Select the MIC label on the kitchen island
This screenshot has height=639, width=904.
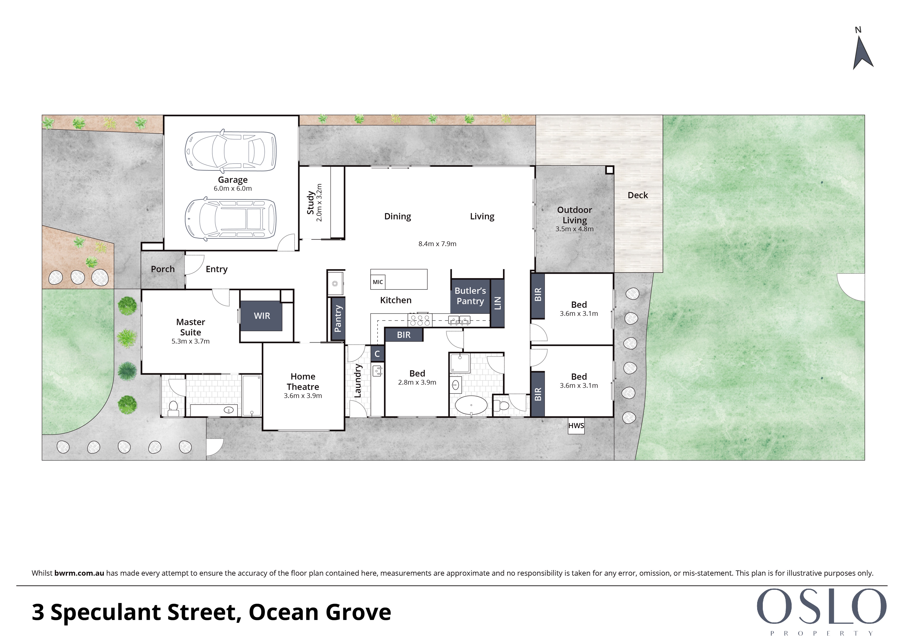(378, 282)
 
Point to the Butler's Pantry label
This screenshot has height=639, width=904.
(470, 296)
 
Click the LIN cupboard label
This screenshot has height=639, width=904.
(498, 303)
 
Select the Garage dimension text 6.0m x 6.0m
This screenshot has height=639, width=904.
(233, 189)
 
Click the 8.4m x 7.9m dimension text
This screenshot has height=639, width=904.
(437, 244)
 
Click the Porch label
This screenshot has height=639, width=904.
(163, 269)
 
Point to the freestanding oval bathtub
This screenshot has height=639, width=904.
(472, 405)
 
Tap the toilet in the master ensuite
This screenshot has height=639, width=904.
(173, 408)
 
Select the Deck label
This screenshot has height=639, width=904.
(638, 195)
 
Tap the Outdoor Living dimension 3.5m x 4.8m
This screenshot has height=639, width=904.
(574, 229)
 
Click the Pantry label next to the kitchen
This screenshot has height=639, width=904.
(338, 319)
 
